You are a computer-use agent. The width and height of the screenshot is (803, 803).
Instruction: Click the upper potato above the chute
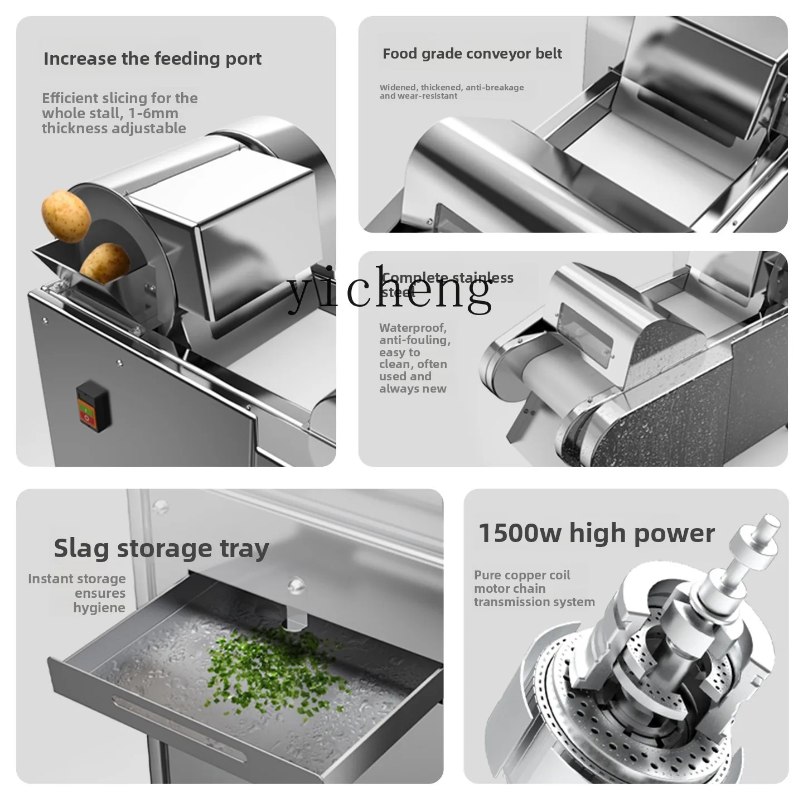pos(66,216)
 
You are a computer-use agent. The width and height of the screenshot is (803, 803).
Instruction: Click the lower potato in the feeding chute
pos(105,263)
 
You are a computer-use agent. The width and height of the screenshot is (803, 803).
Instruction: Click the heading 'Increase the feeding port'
pos(152,59)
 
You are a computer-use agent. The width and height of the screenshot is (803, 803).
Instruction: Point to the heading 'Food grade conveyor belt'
pos(472,54)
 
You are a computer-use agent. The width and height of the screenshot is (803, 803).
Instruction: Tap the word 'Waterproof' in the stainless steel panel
pos(413,328)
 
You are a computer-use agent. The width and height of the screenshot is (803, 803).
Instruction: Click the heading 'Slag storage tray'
pos(161,548)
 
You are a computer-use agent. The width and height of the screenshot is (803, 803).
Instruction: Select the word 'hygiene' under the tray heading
pos(99,608)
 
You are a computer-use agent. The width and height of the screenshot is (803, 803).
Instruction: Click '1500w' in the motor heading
pos(520,533)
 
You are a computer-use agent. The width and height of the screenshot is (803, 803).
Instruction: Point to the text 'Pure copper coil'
pos(522,575)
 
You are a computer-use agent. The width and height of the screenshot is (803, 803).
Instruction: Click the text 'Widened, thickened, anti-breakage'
pos(452,88)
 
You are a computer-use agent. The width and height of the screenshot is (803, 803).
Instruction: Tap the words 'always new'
pos(413,389)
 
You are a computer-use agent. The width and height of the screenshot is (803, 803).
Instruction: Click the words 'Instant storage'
pos(77,579)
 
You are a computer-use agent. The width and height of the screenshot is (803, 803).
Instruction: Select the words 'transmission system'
pos(534,602)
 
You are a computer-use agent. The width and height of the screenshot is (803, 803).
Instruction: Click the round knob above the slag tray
pos(296,586)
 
